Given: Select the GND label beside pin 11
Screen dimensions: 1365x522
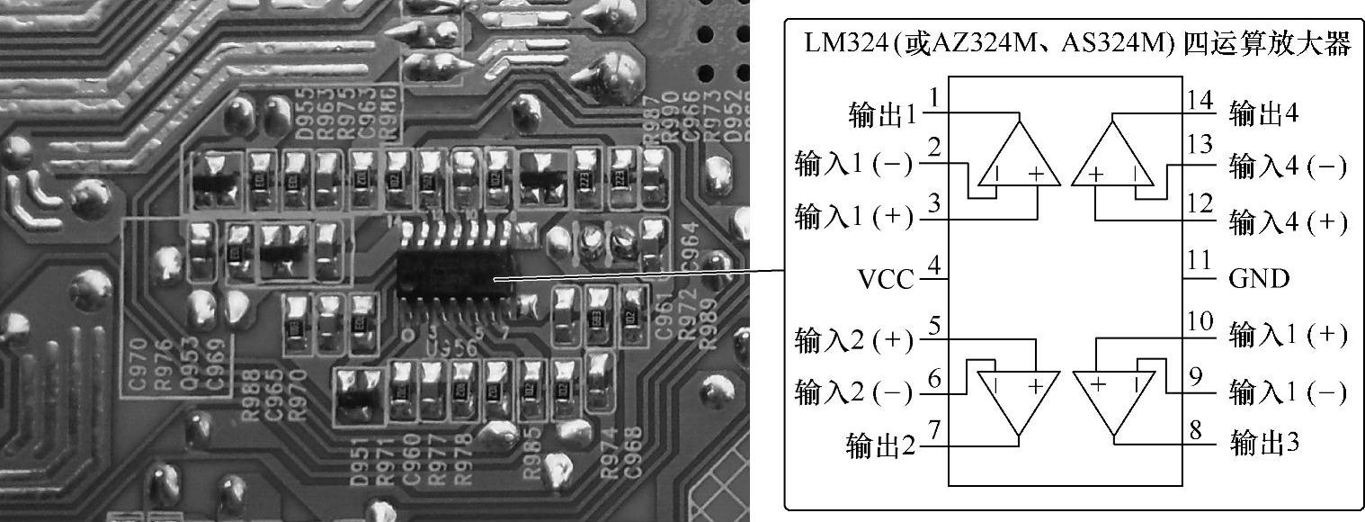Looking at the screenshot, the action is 1259,278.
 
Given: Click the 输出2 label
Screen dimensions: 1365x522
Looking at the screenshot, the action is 881,445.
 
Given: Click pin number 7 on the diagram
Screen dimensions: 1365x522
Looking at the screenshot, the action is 935,430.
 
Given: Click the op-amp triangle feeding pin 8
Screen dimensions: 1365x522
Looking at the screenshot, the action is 1113,404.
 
